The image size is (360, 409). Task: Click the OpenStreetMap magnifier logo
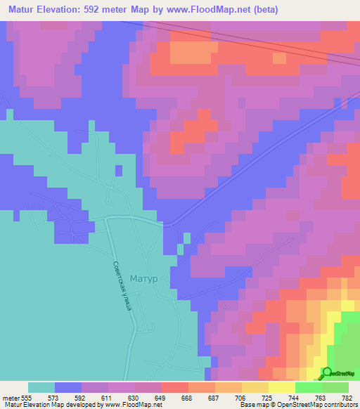pos(327,372)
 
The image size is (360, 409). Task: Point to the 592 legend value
pos(81,398)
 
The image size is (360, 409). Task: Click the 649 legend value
pos(161,398)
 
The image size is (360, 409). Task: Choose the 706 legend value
pos(241,398)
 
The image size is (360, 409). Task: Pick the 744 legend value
pos(295,398)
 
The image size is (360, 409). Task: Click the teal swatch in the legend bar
pos(41,387)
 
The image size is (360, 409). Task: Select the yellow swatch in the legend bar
pos(281,387)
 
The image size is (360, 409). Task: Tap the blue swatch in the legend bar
pos(68,387)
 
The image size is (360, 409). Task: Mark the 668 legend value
pos(188,398)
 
